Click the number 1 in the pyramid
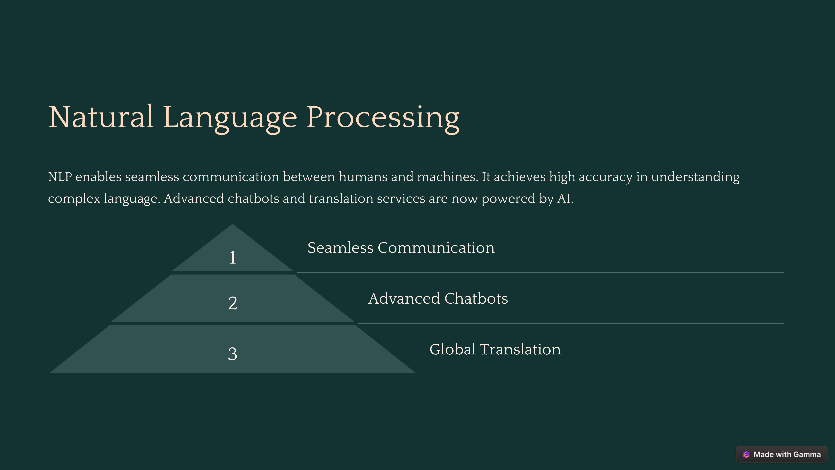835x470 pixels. click(232, 258)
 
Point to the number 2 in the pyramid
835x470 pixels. click(232, 303)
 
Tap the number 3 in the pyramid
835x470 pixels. click(232, 354)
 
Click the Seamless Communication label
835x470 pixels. click(401, 248)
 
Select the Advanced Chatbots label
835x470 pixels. click(438, 298)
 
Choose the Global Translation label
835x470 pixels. click(495, 349)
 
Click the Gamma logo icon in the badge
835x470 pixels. click(746, 455)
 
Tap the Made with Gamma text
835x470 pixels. click(787, 455)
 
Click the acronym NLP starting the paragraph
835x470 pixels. click(60, 177)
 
